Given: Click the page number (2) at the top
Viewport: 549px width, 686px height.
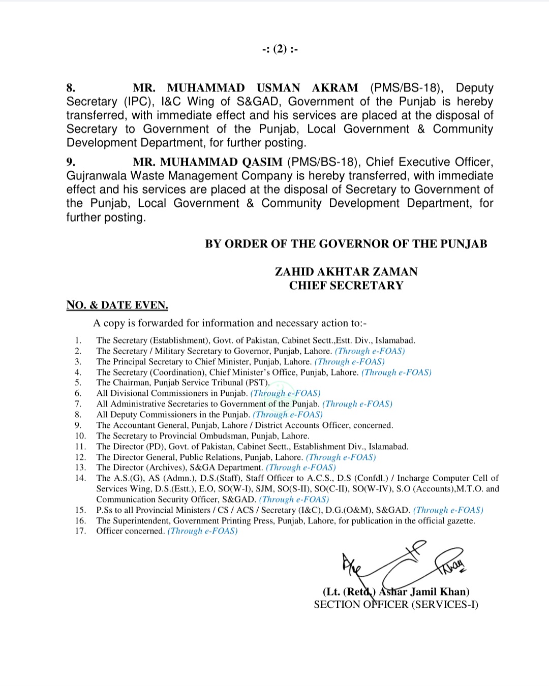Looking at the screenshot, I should click(x=280, y=49).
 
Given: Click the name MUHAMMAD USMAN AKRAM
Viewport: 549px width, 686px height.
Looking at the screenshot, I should click(x=246, y=88).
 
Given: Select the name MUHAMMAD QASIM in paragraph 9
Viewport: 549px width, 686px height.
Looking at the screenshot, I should click(x=221, y=162).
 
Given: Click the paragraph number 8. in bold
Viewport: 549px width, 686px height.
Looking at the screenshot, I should click(x=71, y=88).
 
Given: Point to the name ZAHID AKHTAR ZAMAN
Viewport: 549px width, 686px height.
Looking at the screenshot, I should click(x=346, y=271).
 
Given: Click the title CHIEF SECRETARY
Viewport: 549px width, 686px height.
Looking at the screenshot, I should click(x=346, y=286).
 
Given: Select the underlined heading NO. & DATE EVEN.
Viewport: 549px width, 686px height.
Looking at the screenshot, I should click(x=117, y=305).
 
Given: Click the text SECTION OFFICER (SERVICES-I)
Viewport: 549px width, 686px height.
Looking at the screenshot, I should click(x=396, y=605).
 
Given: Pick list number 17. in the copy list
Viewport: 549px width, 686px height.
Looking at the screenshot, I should click(x=80, y=531).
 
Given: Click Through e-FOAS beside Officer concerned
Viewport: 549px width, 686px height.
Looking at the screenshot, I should click(x=203, y=531).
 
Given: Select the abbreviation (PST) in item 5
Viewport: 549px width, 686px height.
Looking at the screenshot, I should click(x=258, y=383).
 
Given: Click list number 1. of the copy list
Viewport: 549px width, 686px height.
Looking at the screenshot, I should click(x=78, y=340).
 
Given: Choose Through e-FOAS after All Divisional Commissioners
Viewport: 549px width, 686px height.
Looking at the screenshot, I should click(x=286, y=393).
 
